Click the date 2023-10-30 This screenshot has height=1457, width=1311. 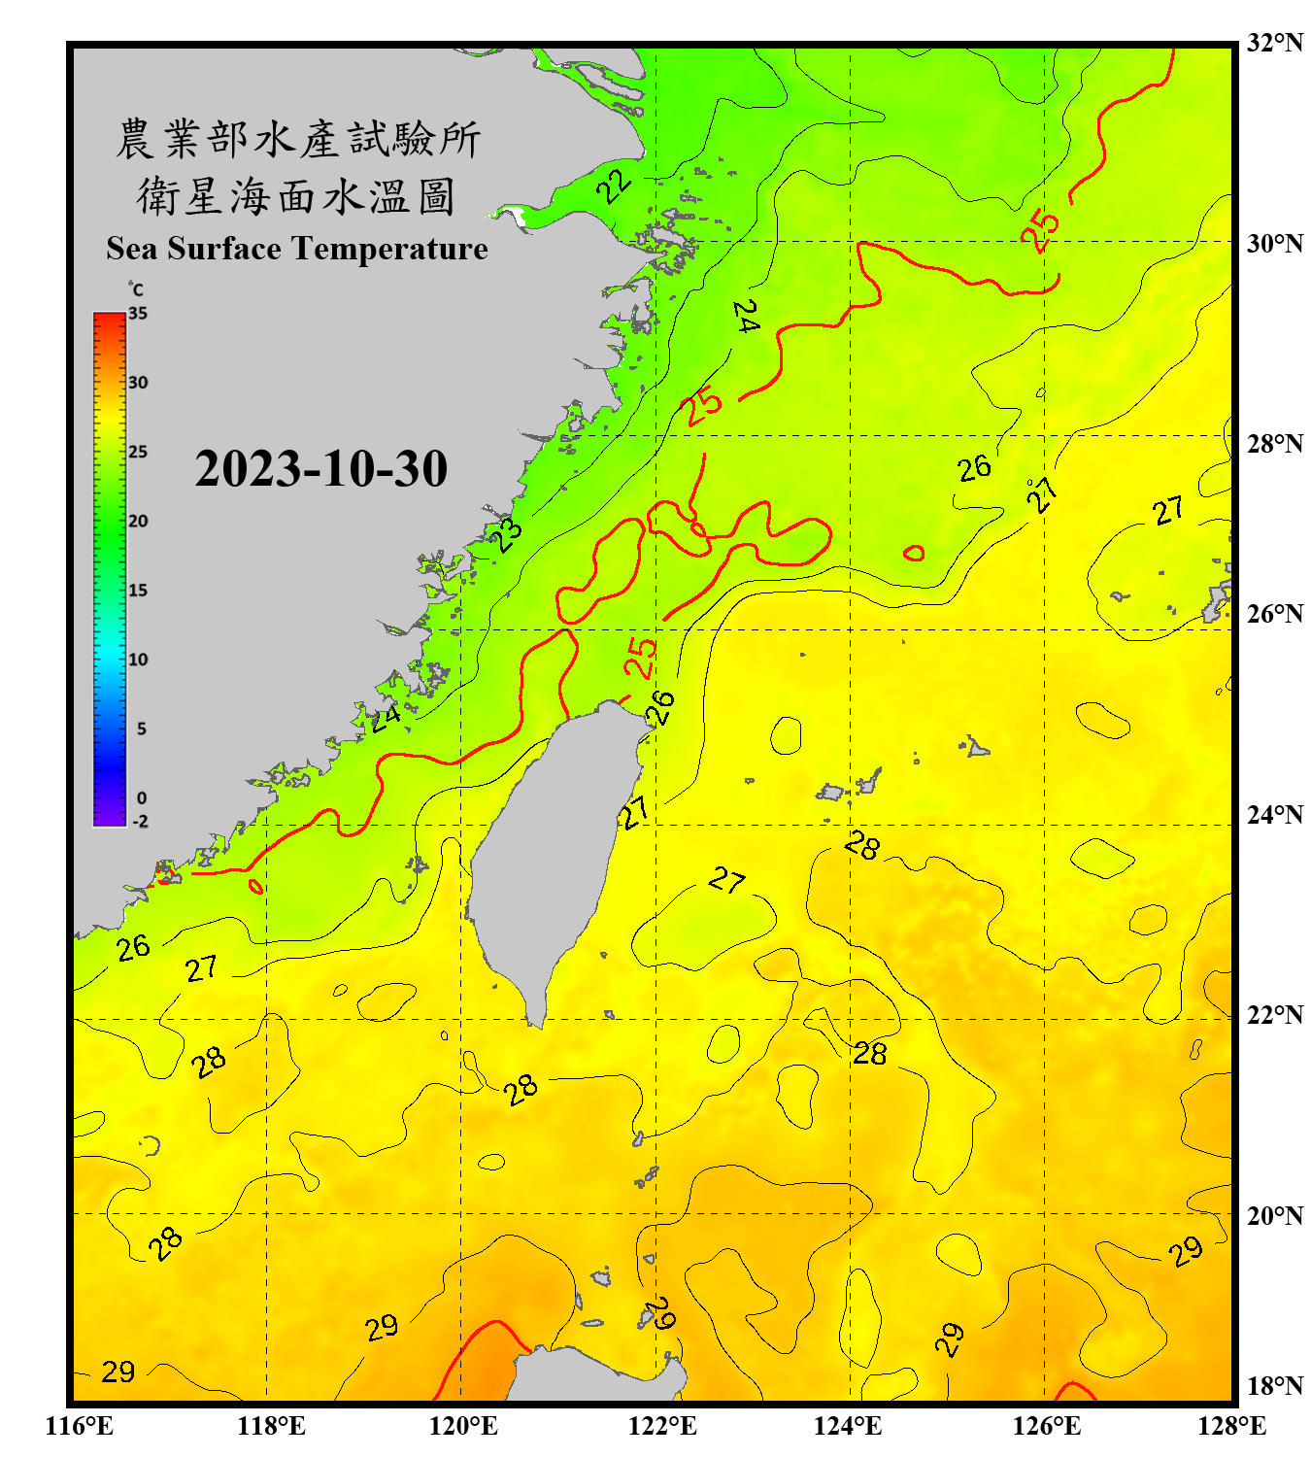pyautogui.click(x=320, y=469)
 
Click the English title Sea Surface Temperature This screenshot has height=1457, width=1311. pyautogui.click(x=296, y=249)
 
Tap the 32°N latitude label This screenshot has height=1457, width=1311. pyautogui.click(x=1274, y=43)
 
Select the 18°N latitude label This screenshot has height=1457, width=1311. pyautogui.click(x=1274, y=1386)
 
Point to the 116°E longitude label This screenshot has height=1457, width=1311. pyautogui.click(x=79, y=1426)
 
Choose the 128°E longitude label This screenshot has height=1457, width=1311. pyautogui.click(x=1231, y=1426)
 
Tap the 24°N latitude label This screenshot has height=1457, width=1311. pyautogui.click(x=1274, y=815)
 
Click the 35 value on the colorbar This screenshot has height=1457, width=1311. pyautogui.click(x=138, y=314)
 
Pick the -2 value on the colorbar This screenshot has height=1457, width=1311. pyautogui.click(x=140, y=822)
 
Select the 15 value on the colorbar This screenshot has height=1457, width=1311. pyautogui.click(x=138, y=591)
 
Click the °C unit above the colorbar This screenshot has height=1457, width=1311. pyautogui.click(x=136, y=289)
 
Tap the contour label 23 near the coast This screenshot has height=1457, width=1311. pyautogui.click(x=506, y=534)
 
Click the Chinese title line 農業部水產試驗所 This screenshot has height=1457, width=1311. pyautogui.click(x=297, y=140)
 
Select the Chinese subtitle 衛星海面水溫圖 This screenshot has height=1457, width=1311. pyautogui.click(x=296, y=196)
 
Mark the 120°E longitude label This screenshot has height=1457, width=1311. pyautogui.click(x=463, y=1426)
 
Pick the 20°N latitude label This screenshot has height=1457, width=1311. pyautogui.click(x=1274, y=1216)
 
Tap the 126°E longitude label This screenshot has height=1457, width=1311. pyautogui.click(x=1046, y=1426)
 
